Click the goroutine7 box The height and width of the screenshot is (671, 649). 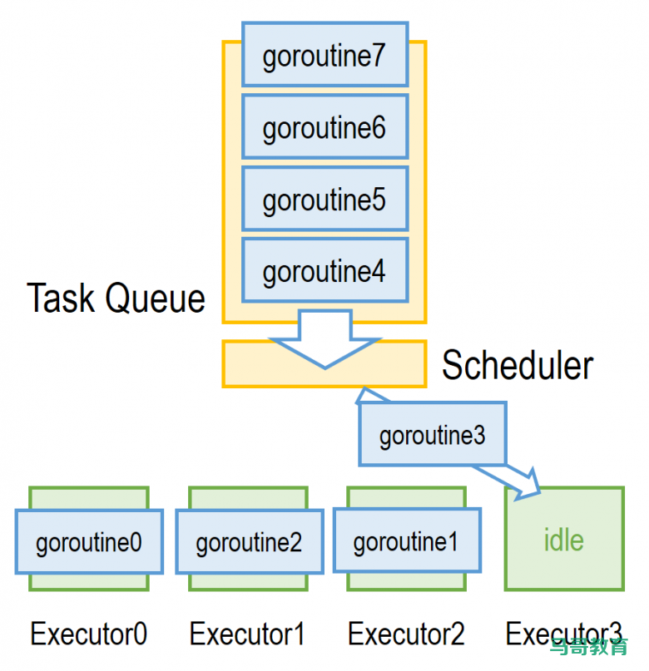coord(324,55)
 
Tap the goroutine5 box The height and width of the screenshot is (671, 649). coord(324,199)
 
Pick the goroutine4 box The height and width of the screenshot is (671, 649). coord(324,270)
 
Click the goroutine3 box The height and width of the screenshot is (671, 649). coord(432,434)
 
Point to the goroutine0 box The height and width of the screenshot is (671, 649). coord(89,542)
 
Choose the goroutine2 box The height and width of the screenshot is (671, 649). coord(249,542)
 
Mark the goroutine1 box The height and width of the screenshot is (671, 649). coord(406,541)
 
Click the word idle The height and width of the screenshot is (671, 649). coord(563,540)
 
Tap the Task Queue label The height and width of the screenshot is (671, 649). coord(116,298)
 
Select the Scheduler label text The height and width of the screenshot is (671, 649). coord(517,365)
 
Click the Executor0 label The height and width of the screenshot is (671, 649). coord(89,634)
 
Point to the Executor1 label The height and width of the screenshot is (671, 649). coord(247,634)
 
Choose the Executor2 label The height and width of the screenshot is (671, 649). coord(406,634)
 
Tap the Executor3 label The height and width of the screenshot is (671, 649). coord(563,634)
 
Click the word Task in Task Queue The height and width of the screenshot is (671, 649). coord(62,298)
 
